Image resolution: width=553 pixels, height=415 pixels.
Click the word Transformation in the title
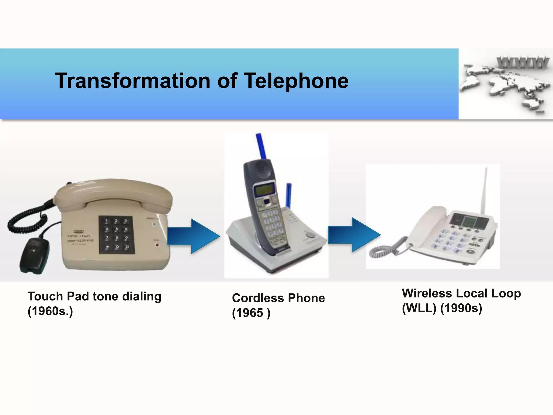(133, 81)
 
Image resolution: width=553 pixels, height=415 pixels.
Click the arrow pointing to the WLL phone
(354, 235)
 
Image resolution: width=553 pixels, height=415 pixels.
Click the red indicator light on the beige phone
(157, 245)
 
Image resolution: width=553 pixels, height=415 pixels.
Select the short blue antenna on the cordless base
(289, 195)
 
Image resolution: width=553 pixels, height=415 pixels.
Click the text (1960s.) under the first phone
(50, 311)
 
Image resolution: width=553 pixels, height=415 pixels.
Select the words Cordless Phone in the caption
(278, 298)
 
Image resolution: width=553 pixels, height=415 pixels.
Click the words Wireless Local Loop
(461, 293)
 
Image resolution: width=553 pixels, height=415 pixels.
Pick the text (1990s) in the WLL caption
(461, 308)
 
